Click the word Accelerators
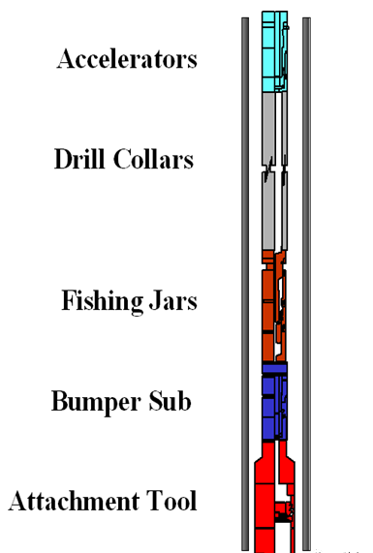[127, 59]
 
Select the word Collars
[152, 159]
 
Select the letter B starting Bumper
[60, 400]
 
